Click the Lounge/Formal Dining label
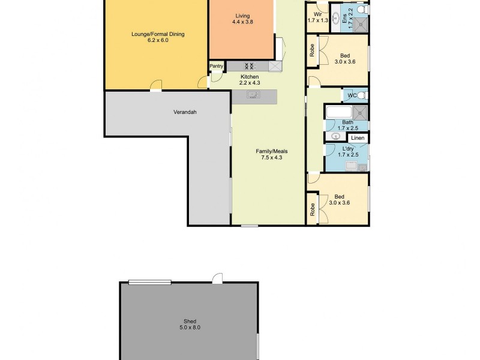pyautogui.click(x=158, y=34)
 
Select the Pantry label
pyautogui.click(x=216, y=66)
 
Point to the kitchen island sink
pyautogui.click(x=253, y=94)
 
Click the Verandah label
pyautogui.click(x=185, y=112)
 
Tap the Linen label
pyautogui.click(x=358, y=139)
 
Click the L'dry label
pyautogui.click(x=347, y=148)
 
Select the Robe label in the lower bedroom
pyautogui.click(x=312, y=209)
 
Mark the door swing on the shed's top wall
pyautogui.click(x=217, y=278)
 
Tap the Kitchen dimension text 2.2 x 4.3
pyautogui.click(x=249, y=83)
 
